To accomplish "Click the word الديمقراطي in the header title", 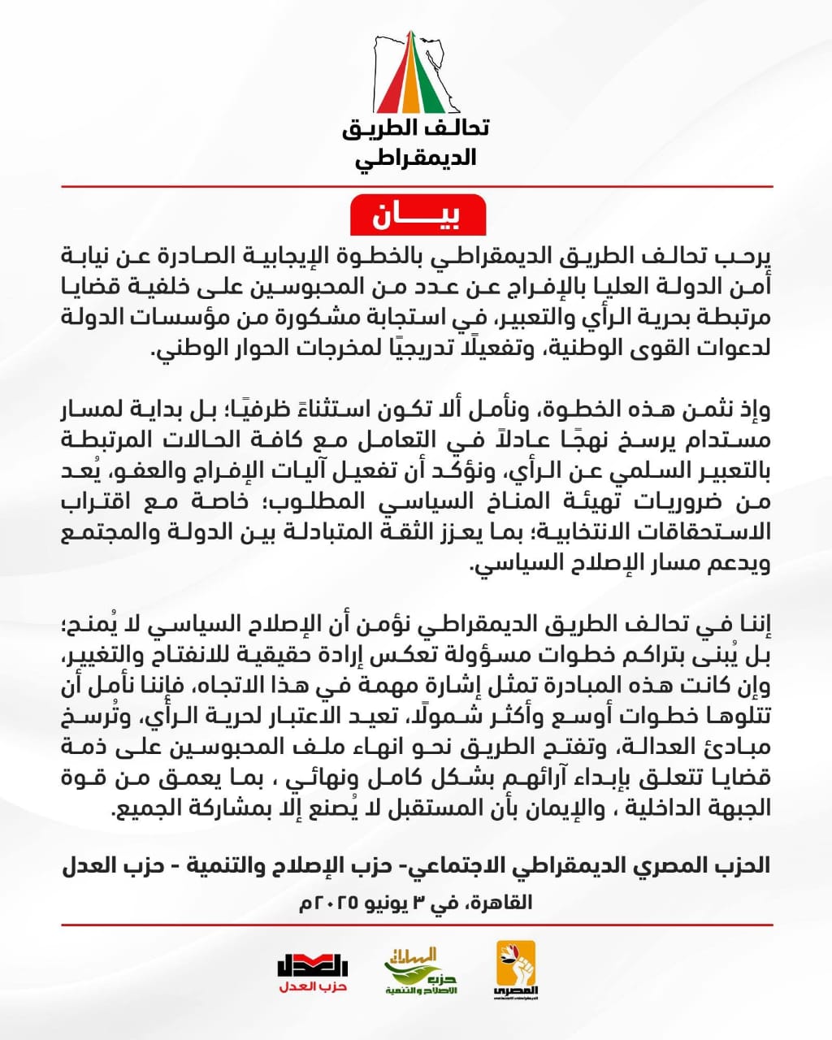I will coord(416,157).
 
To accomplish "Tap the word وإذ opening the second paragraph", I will coord(753,409).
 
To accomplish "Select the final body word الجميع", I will coord(137,809).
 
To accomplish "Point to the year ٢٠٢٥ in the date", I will coord(333,902).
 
